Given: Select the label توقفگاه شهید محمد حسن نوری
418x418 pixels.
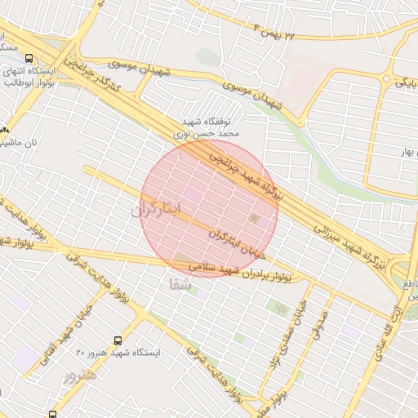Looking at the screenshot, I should [207, 124].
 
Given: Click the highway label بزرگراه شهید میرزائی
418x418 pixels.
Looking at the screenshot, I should [346, 244].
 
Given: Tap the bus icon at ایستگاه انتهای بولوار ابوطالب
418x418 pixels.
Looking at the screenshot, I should [29, 58].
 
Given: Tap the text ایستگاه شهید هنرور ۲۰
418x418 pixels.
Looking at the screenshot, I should [118, 354].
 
